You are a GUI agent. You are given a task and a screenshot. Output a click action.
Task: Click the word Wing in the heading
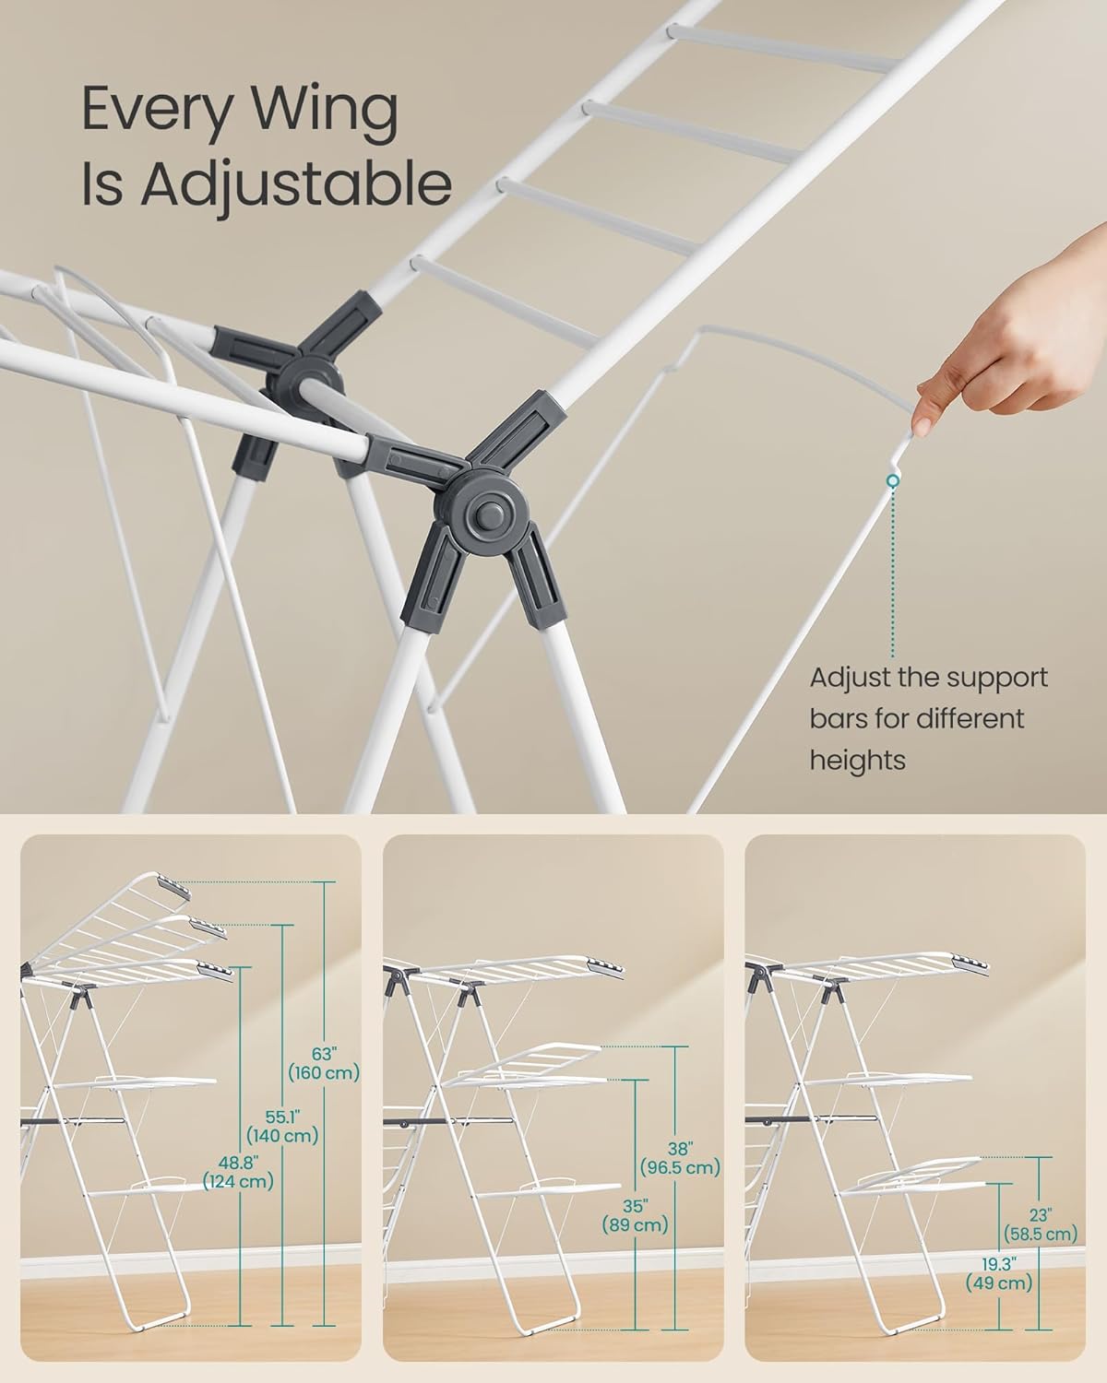click(308, 111)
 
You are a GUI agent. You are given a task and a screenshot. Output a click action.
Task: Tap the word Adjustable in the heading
click(296, 184)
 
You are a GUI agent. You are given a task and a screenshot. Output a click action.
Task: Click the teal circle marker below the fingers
click(892, 481)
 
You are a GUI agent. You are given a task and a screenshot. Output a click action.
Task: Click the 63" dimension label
click(324, 1052)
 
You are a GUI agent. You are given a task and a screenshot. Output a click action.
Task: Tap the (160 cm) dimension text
click(324, 1073)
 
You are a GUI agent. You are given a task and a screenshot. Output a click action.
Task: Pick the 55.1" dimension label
click(280, 1116)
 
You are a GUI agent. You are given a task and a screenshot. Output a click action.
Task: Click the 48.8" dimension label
click(238, 1161)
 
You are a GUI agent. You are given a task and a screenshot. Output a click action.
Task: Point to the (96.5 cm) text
click(681, 1168)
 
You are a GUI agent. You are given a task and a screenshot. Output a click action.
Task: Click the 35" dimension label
click(636, 1205)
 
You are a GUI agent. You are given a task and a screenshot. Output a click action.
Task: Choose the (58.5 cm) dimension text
click(1040, 1234)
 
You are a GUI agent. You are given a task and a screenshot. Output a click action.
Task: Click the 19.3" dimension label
click(999, 1261)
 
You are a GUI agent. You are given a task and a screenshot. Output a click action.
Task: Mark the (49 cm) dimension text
click(999, 1283)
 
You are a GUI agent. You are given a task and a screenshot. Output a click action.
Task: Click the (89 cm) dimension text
click(636, 1226)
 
